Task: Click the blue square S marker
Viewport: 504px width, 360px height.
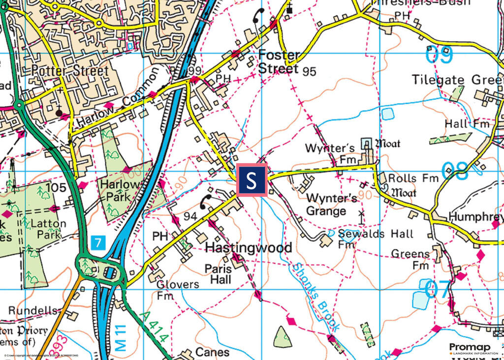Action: [x=252, y=180]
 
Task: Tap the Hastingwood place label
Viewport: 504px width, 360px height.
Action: [x=248, y=247]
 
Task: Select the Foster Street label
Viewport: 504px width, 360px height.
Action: [x=279, y=61]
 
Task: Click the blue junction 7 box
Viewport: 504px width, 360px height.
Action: [x=98, y=242]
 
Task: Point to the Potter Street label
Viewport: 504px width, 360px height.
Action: [x=69, y=71]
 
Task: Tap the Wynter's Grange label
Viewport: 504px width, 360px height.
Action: [x=326, y=205]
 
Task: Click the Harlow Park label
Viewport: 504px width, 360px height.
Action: [x=114, y=190]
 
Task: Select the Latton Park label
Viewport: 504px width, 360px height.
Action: [x=48, y=229]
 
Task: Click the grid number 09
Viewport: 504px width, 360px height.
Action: [x=439, y=55]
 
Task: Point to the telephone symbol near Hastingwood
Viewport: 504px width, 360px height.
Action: [x=205, y=201]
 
